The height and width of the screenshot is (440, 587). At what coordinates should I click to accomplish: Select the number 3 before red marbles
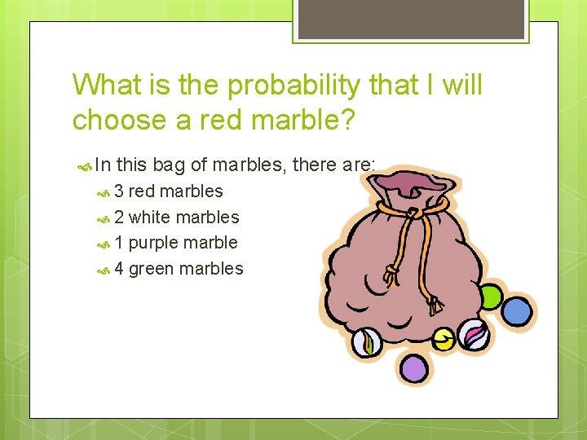pos(119,191)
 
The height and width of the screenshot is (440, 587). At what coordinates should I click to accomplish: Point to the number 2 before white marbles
pos(119,218)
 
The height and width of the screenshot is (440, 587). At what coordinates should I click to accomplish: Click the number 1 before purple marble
pos(119,243)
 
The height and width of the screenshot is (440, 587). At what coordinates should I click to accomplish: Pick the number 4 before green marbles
pos(119,269)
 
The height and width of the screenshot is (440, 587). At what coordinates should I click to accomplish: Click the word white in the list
pos(150,218)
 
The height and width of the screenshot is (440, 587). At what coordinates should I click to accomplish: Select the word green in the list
pos(152,269)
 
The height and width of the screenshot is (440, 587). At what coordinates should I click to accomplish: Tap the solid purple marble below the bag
pos(415,368)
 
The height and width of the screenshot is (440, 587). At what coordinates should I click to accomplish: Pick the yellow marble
pos(443,339)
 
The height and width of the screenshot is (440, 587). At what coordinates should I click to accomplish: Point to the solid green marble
pos(489,297)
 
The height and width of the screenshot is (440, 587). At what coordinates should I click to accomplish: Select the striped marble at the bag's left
pos(367,342)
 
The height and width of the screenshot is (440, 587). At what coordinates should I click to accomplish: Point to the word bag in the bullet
pos(169,165)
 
